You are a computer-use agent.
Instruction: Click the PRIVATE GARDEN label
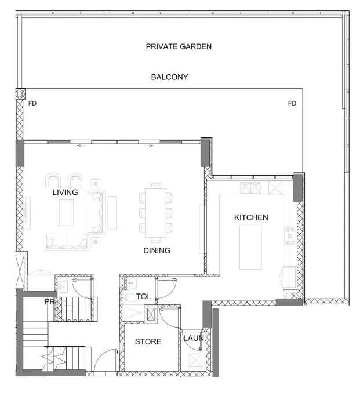pos(179,46)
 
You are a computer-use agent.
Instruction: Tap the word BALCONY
pos(169,77)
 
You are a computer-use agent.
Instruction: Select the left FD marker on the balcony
pos(32,104)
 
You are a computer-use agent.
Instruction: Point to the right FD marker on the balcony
pos(292,104)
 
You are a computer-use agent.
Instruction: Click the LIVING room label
pos(65,192)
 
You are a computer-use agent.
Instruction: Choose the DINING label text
pos(157,251)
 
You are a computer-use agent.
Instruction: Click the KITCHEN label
pos(250,217)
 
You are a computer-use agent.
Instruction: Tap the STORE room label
pos(148,341)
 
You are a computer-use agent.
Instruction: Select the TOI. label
pos(143,296)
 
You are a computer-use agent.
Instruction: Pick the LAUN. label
pos(192,338)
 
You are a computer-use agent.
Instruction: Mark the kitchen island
pos(250,247)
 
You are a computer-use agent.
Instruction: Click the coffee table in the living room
pos(67,212)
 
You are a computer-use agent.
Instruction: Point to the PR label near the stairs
pos(49,301)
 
